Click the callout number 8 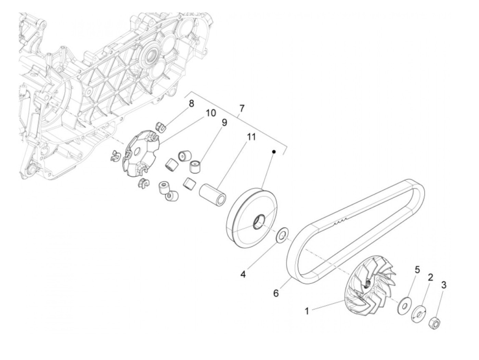coord(191,103)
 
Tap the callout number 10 coord(211,113)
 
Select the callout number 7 coord(242,109)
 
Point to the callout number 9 coord(224,123)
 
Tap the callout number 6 coord(276,293)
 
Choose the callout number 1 coord(307,311)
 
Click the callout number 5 coord(417,270)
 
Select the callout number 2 coord(430,277)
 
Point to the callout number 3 coord(444,285)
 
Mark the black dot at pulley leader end coord(274,151)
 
